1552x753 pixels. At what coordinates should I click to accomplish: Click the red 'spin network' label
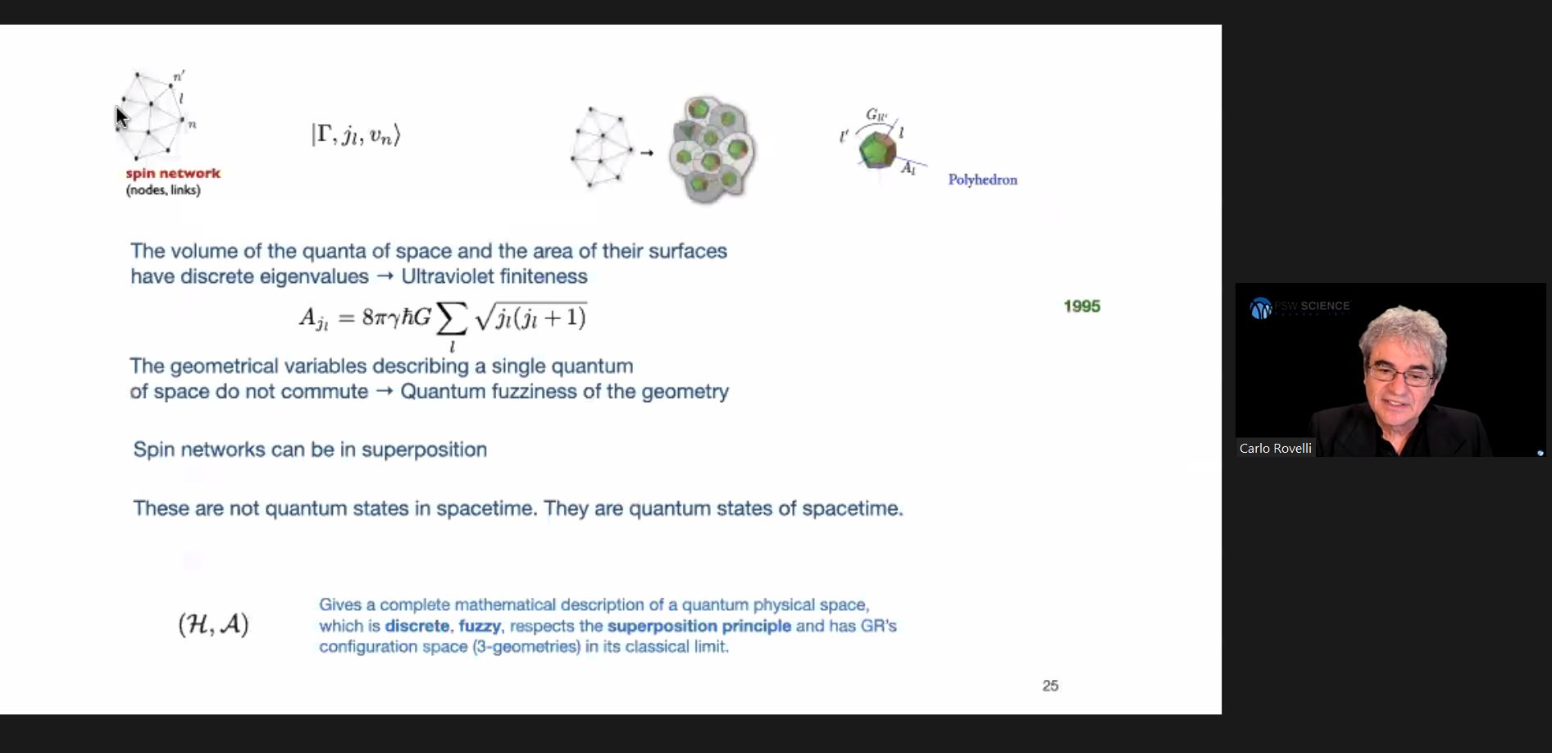pyautogui.click(x=173, y=173)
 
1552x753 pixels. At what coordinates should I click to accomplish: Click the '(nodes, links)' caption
pyautogui.click(x=163, y=190)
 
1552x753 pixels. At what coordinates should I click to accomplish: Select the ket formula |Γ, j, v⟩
pyautogui.click(x=356, y=135)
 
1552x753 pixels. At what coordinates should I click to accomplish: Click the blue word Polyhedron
pyautogui.click(x=982, y=180)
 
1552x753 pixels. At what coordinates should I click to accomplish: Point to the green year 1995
pyautogui.click(x=1081, y=306)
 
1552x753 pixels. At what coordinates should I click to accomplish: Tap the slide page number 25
pyautogui.click(x=1050, y=686)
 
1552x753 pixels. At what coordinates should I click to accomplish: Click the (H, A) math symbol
pyautogui.click(x=213, y=625)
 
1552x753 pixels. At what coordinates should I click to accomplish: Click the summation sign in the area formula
pyautogui.click(x=451, y=319)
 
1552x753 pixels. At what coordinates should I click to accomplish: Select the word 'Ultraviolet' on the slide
pyautogui.click(x=444, y=276)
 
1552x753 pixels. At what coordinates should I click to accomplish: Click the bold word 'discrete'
pyautogui.click(x=417, y=626)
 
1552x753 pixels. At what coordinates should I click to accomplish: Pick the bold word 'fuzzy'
pyautogui.click(x=480, y=626)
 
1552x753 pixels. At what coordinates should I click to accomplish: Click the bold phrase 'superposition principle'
pyautogui.click(x=699, y=626)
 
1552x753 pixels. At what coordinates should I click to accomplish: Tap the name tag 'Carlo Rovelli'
pyautogui.click(x=1275, y=448)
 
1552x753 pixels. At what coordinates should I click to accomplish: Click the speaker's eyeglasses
pyautogui.click(x=1400, y=376)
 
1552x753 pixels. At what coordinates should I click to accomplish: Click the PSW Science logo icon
pyautogui.click(x=1260, y=308)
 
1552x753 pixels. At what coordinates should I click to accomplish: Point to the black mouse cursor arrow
pyautogui.click(x=121, y=117)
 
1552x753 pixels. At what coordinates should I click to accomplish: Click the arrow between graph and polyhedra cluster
pyautogui.click(x=647, y=153)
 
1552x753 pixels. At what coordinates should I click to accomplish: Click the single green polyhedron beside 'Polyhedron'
pyautogui.click(x=877, y=149)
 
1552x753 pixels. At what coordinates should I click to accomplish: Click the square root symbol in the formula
pyautogui.click(x=484, y=317)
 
